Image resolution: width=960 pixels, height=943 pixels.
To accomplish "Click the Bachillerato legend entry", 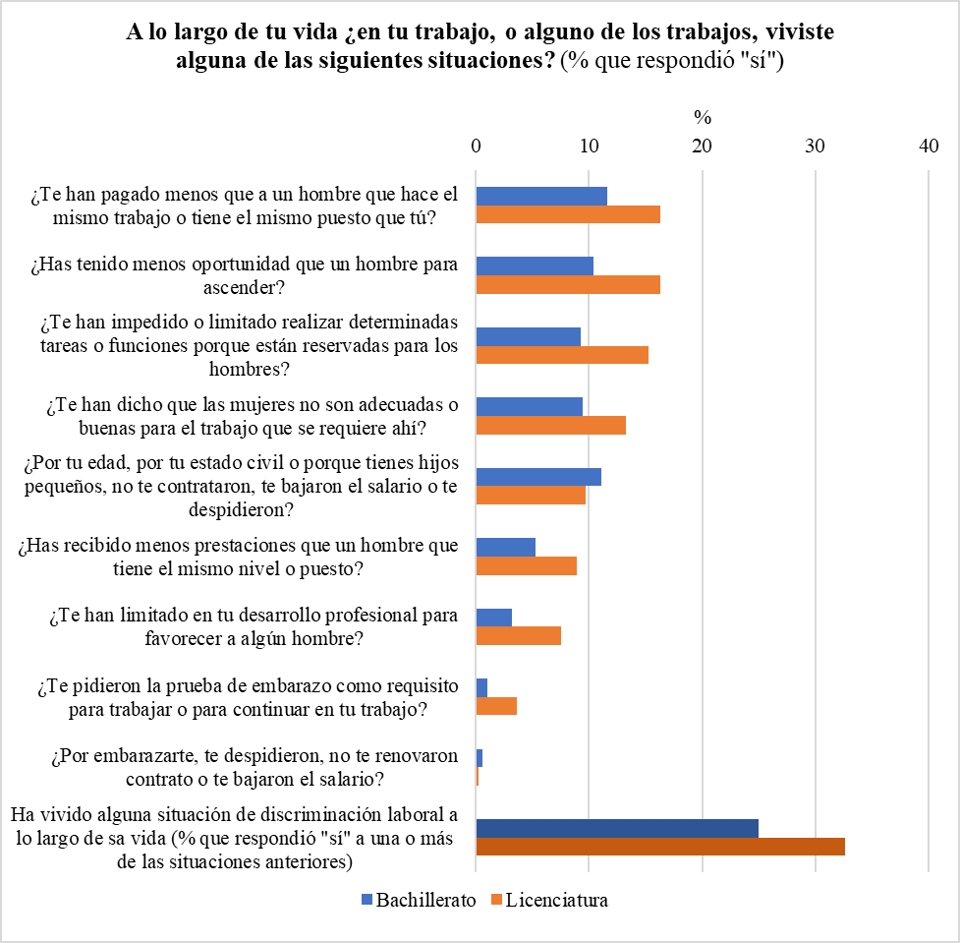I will [x=420, y=900].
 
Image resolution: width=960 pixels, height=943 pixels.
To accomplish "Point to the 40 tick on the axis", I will [x=929, y=146].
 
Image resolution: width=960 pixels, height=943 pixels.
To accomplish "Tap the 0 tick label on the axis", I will [x=476, y=146].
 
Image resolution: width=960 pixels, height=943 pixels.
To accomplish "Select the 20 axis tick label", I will [x=702, y=146].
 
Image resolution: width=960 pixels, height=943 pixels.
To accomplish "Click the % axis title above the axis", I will [x=702, y=117].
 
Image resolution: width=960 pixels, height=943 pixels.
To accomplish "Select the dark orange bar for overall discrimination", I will [x=660, y=847].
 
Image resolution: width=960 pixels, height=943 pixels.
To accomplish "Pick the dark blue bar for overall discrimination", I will [x=617, y=828].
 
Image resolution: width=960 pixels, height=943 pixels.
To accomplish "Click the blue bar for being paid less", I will [x=541, y=196].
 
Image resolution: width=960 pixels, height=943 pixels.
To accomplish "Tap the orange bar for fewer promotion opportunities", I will [x=568, y=284].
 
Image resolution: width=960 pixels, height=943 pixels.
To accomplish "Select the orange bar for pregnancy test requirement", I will [x=496, y=706].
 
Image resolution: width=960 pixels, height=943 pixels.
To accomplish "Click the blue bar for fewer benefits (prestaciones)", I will [x=506, y=547].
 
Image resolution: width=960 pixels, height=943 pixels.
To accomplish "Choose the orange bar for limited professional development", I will [x=519, y=635].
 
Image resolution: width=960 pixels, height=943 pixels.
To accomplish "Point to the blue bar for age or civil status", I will [x=538, y=477].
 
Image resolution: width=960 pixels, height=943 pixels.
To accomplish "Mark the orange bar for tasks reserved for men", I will [x=562, y=355].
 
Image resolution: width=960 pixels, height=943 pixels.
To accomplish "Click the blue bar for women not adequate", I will [x=530, y=406].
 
